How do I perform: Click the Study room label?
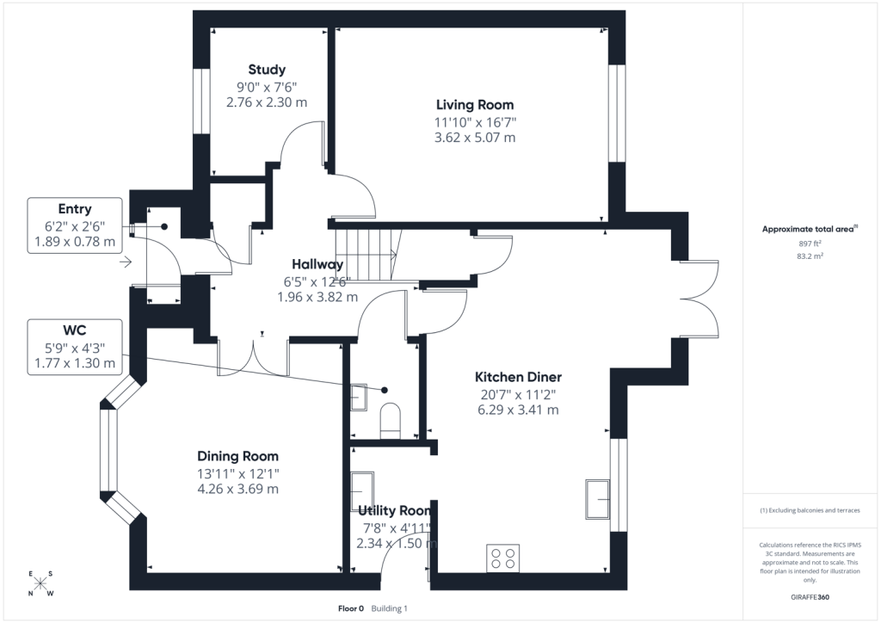tap(267, 70)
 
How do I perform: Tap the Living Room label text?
tap(475, 104)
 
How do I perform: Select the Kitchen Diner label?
tap(518, 377)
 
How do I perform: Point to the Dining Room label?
tap(237, 456)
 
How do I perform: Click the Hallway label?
tap(317, 264)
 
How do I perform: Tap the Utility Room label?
tap(394, 510)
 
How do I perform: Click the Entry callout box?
tap(75, 225)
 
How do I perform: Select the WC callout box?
tap(75, 347)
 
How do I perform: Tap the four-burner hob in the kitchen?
tap(502, 558)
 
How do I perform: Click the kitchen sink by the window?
tap(598, 499)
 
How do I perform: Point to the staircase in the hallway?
tap(367, 255)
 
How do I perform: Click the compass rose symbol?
tap(40, 583)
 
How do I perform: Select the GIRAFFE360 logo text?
tap(810, 597)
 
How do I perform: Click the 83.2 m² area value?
tap(810, 256)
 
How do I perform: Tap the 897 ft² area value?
tap(810, 244)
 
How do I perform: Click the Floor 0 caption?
tap(351, 608)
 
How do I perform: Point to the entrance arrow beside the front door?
tap(126, 262)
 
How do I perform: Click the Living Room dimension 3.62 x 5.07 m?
tap(475, 138)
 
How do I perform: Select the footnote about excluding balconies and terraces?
tap(810, 510)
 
